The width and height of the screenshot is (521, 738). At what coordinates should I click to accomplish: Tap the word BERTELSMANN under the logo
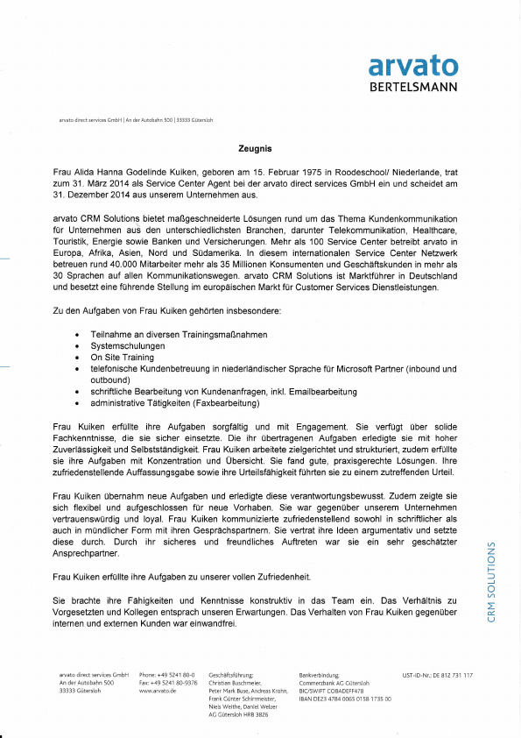pyautogui.click(x=413, y=88)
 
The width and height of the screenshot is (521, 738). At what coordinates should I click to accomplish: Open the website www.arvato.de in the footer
pyautogui.click(x=158, y=692)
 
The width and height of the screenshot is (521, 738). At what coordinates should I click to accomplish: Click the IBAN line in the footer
pyautogui.click(x=344, y=699)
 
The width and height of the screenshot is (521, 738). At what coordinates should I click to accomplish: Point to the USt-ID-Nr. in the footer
pyautogui.click(x=437, y=675)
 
